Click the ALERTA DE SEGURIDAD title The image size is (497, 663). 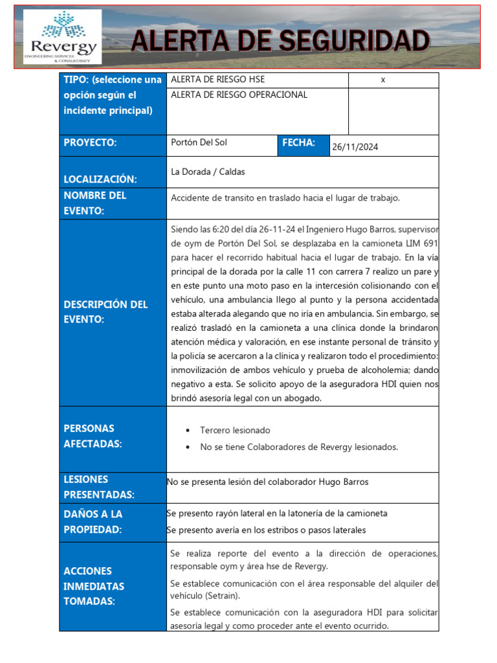pyautogui.click(x=280, y=41)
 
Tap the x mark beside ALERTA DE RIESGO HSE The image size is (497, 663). pyautogui.click(x=383, y=80)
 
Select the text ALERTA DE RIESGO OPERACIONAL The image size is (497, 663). pyautogui.click(x=239, y=95)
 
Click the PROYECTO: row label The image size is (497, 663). pyautogui.click(x=90, y=143)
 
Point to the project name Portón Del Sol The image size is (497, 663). pyautogui.click(x=199, y=142)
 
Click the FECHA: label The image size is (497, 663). pyautogui.click(x=298, y=143)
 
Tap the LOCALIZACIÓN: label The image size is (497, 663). pyautogui.click(x=100, y=179)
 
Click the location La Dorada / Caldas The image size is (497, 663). pyautogui.click(x=208, y=172)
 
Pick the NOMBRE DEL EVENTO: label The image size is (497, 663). pyautogui.click(x=95, y=203)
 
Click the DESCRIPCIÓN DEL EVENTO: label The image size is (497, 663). pyautogui.click(x=105, y=312)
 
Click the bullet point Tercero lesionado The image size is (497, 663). pyautogui.click(x=235, y=430)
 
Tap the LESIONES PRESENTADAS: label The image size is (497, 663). pyautogui.click(x=99, y=488)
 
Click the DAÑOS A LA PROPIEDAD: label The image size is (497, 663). pyautogui.click(x=93, y=522)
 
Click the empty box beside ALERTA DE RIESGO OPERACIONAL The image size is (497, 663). pyautogui.click(x=393, y=111)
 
